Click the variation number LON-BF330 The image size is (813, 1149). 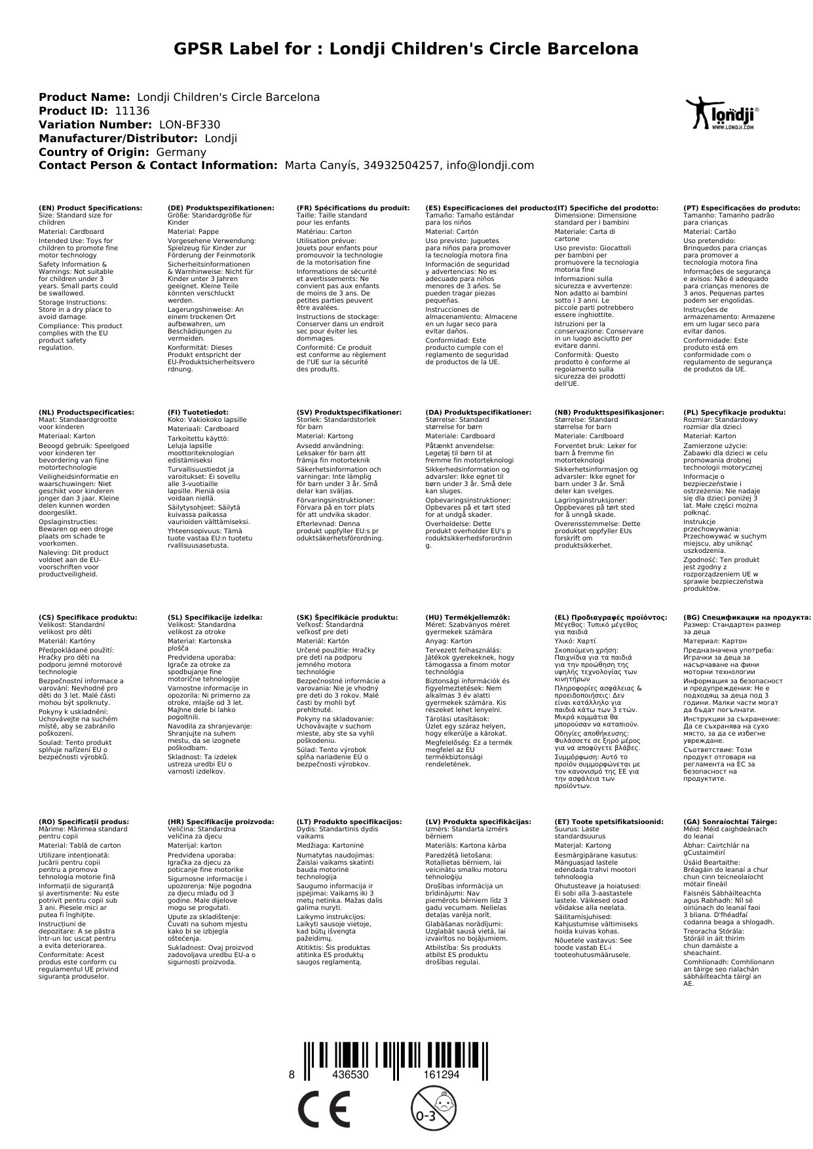pyautogui.click(x=190, y=125)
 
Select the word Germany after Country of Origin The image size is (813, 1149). pyautogui.click(x=181, y=153)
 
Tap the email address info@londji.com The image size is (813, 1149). pyautogui.click(x=490, y=166)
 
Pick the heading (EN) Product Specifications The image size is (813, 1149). pyautogui.click(x=90, y=208)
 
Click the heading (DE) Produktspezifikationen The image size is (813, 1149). pyautogui.click(x=221, y=208)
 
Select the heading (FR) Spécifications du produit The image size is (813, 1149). pyautogui.click(x=353, y=208)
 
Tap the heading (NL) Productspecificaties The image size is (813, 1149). pyautogui.click(x=86, y=413)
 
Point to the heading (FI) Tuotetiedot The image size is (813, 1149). pyautogui.click(x=198, y=413)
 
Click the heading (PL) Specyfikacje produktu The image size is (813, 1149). pyautogui.click(x=734, y=413)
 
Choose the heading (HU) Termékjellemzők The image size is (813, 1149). pyautogui.click(x=467, y=617)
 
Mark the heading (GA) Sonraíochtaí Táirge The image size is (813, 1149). pyautogui.click(x=730, y=821)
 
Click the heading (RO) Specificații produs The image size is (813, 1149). pyautogui.click(x=84, y=821)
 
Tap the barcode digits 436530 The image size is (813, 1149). pyautogui.click(x=350, y=1075)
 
